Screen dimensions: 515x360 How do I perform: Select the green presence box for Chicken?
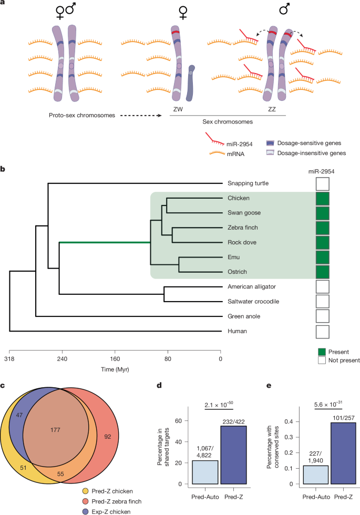point(322,198)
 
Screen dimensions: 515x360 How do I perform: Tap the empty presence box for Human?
point(322,332)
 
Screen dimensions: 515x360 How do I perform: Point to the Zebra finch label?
point(243,228)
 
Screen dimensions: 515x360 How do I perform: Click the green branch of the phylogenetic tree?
point(105,242)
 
